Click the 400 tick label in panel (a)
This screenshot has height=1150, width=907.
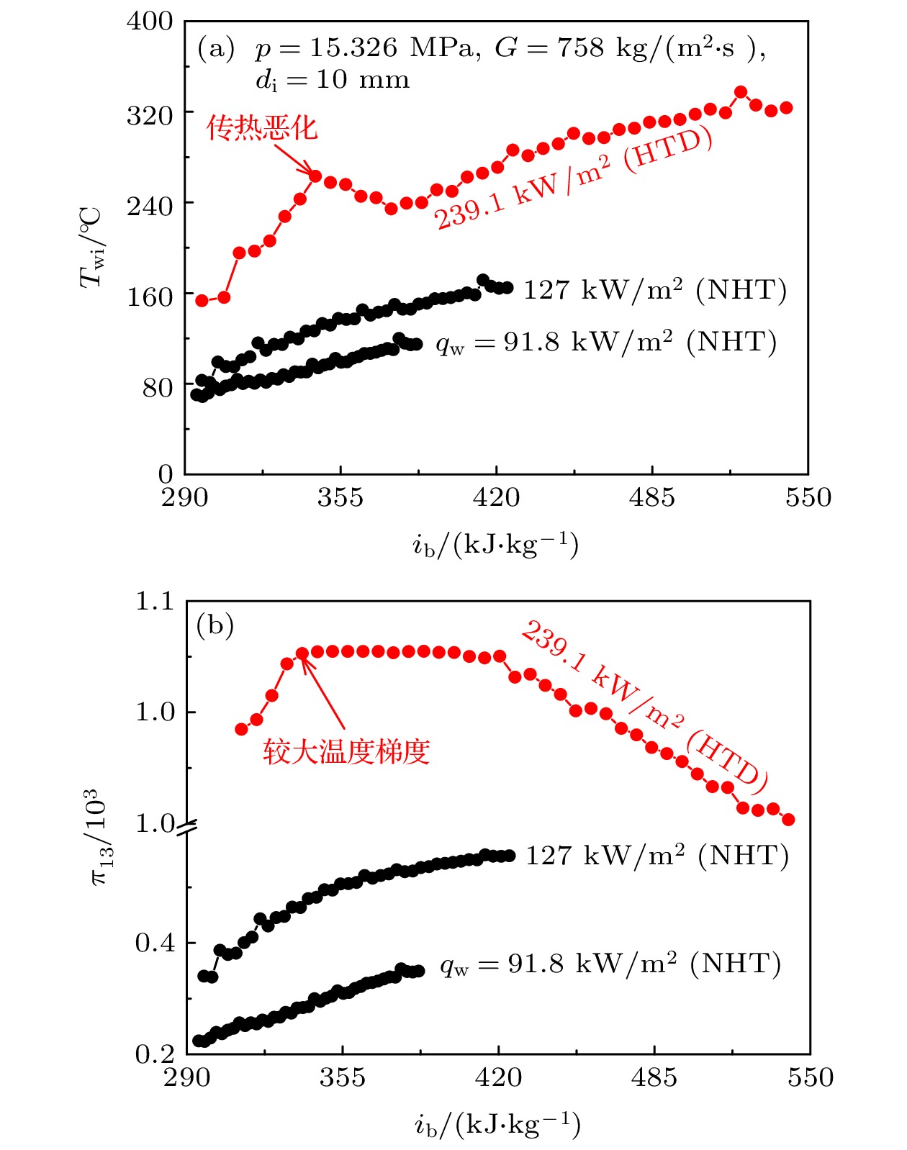[150, 22]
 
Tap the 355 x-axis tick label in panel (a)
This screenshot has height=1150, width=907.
[340, 497]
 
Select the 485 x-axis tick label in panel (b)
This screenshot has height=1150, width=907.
[654, 1077]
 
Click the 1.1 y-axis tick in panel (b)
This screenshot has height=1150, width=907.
[155, 601]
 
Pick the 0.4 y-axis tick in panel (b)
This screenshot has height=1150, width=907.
[155, 943]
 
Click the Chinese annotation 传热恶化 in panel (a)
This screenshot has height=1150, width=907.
[261, 128]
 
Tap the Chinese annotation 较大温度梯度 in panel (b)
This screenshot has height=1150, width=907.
[346, 752]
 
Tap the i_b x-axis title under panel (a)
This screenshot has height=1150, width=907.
[495, 545]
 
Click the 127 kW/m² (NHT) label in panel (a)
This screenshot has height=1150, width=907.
[654, 290]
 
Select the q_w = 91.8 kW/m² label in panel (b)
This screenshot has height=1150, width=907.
[610, 964]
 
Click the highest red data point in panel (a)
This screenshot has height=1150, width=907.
[741, 92]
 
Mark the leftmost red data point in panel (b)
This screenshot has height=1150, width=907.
[242, 729]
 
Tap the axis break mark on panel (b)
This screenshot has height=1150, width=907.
[187, 828]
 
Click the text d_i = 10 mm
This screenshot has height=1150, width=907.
[332, 80]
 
